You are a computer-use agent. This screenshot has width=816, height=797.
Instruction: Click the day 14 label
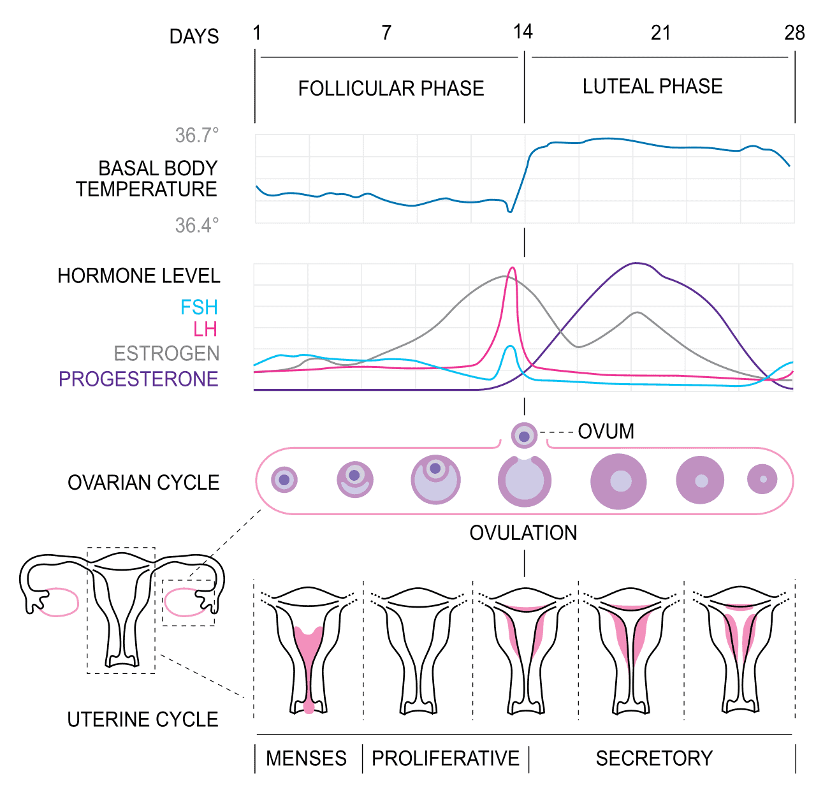click(x=523, y=32)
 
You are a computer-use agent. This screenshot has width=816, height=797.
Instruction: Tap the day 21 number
click(x=660, y=33)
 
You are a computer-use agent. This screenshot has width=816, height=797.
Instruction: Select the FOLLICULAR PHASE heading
click(x=391, y=89)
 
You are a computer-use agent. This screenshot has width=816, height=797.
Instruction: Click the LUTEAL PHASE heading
click(x=652, y=87)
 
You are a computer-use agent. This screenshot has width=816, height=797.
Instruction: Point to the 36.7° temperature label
click(x=196, y=135)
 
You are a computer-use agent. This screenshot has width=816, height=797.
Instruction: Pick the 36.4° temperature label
click(x=196, y=226)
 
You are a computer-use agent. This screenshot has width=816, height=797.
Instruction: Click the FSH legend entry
click(x=199, y=307)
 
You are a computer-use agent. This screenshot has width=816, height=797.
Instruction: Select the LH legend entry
click(x=205, y=329)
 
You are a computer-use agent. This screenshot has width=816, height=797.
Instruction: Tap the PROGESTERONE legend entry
click(x=138, y=379)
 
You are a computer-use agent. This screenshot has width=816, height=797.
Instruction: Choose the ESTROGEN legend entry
click(x=166, y=354)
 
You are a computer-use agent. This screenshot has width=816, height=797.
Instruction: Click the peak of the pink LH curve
click(x=512, y=268)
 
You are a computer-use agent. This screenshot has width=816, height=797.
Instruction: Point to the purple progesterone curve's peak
click(x=636, y=263)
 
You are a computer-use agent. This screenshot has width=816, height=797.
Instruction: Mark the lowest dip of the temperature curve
click(x=510, y=211)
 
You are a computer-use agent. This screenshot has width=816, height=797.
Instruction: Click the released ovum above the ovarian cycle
click(x=524, y=435)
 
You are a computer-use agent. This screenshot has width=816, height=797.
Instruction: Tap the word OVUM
click(x=606, y=432)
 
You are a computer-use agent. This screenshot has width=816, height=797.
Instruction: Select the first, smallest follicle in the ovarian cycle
click(x=284, y=480)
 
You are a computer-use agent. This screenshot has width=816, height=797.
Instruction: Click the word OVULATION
click(x=523, y=533)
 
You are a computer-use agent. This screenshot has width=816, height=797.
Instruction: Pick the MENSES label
click(x=306, y=758)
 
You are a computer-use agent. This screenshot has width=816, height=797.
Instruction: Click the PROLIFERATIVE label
click(x=446, y=758)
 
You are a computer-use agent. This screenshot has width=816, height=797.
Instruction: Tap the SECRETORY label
click(x=654, y=758)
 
